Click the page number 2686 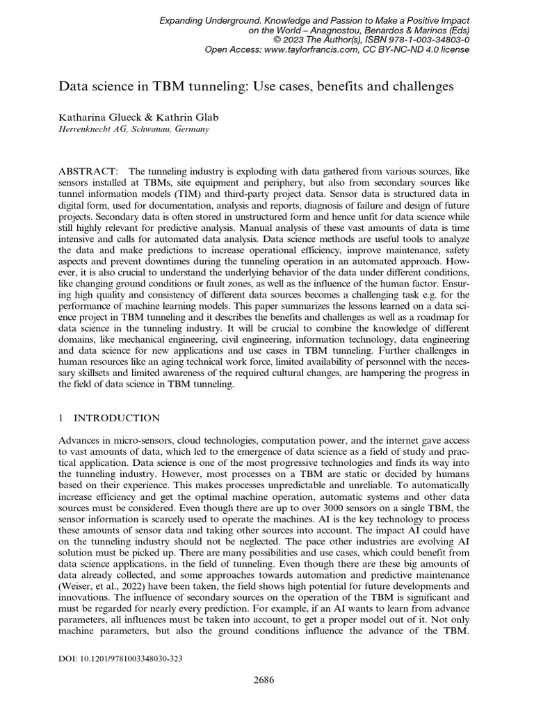pyautogui.click(x=264, y=680)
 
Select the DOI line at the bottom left pyautogui.click(x=119, y=658)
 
